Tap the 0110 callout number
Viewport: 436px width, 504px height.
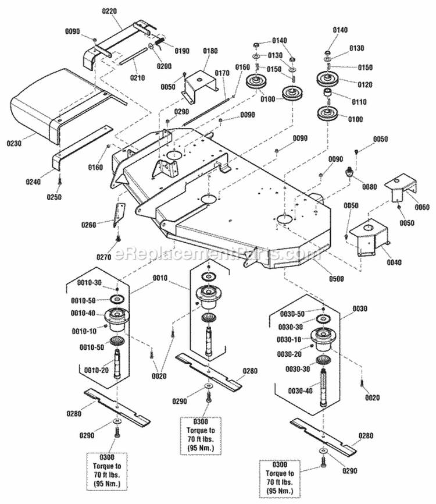coord(359,101)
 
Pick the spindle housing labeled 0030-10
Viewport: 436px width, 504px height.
coord(321,337)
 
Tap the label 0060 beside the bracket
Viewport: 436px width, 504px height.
coord(421,208)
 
